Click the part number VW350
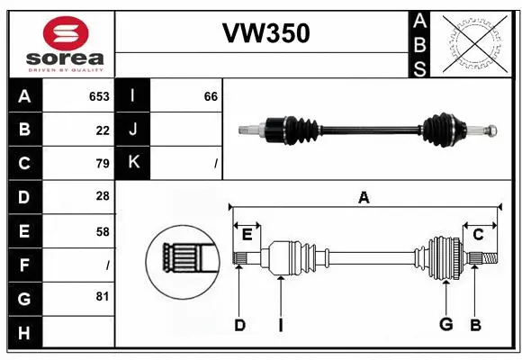(265, 33)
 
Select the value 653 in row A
(99, 96)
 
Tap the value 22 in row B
(103, 130)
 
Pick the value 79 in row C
(103, 164)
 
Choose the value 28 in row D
(103, 197)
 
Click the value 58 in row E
(103, 231)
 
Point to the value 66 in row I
(211, 96)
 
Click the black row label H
(24, 332)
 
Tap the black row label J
(132, 130)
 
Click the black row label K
(132, 164)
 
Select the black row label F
(24, 265)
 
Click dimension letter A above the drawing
(364, 198)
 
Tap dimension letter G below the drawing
(445, 325)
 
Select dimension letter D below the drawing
(239, 325)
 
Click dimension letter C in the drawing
(479, 235)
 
